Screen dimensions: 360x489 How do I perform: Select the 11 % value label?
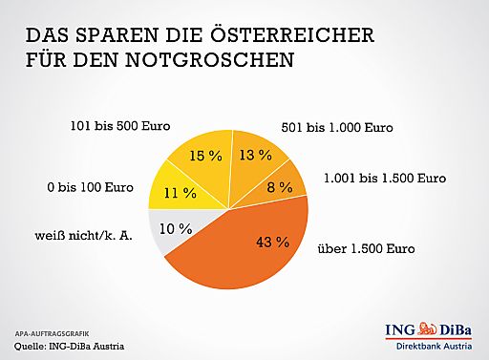coord(181,192)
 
